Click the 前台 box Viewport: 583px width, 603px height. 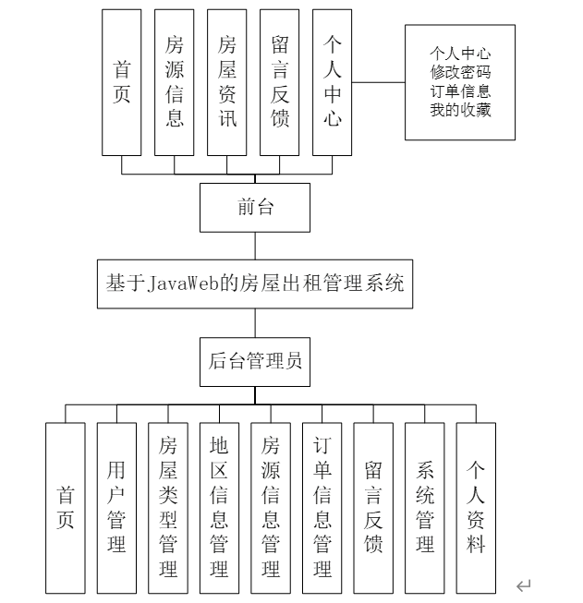pyautogui.click(x=255, y=208)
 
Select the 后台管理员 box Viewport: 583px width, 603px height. pyautogui.click(x=255, y=361)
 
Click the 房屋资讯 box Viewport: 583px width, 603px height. pyautogui.click(x=227, y=81)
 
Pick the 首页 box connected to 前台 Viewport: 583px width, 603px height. pyautogui.click(x=122, y=81)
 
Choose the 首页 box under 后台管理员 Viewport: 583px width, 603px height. pyautogui.click(x=65, y=507)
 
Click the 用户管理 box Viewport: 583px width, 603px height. pyautogui.click(x=116, y=507)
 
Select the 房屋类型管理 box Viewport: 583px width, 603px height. pyautogui.click(x=168, y=507)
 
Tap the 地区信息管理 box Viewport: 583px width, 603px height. pyautogui.click(x=219, y=507)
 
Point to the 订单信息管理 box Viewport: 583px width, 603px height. pyautogui.click(x=322, y=507)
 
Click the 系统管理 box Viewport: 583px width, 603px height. pyautogui.click(x=425, y=507)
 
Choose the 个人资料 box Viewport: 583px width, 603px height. pyautogui.click(x=476, y=507)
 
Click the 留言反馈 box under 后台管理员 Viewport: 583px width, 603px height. pyautogui.click(x=373, y=507)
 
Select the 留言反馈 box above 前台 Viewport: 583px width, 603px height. pyautogui.click(x=280, y=81)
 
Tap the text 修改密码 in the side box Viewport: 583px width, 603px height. pyautogui.click(x=460, y=71)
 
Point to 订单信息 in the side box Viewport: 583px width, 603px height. pyautogui.click(x=460, y=91)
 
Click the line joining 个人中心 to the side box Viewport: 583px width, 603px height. pyautogui.click(x=379, y=82)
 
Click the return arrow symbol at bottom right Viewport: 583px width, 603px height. pyautogui.click(x=524, y=585)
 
